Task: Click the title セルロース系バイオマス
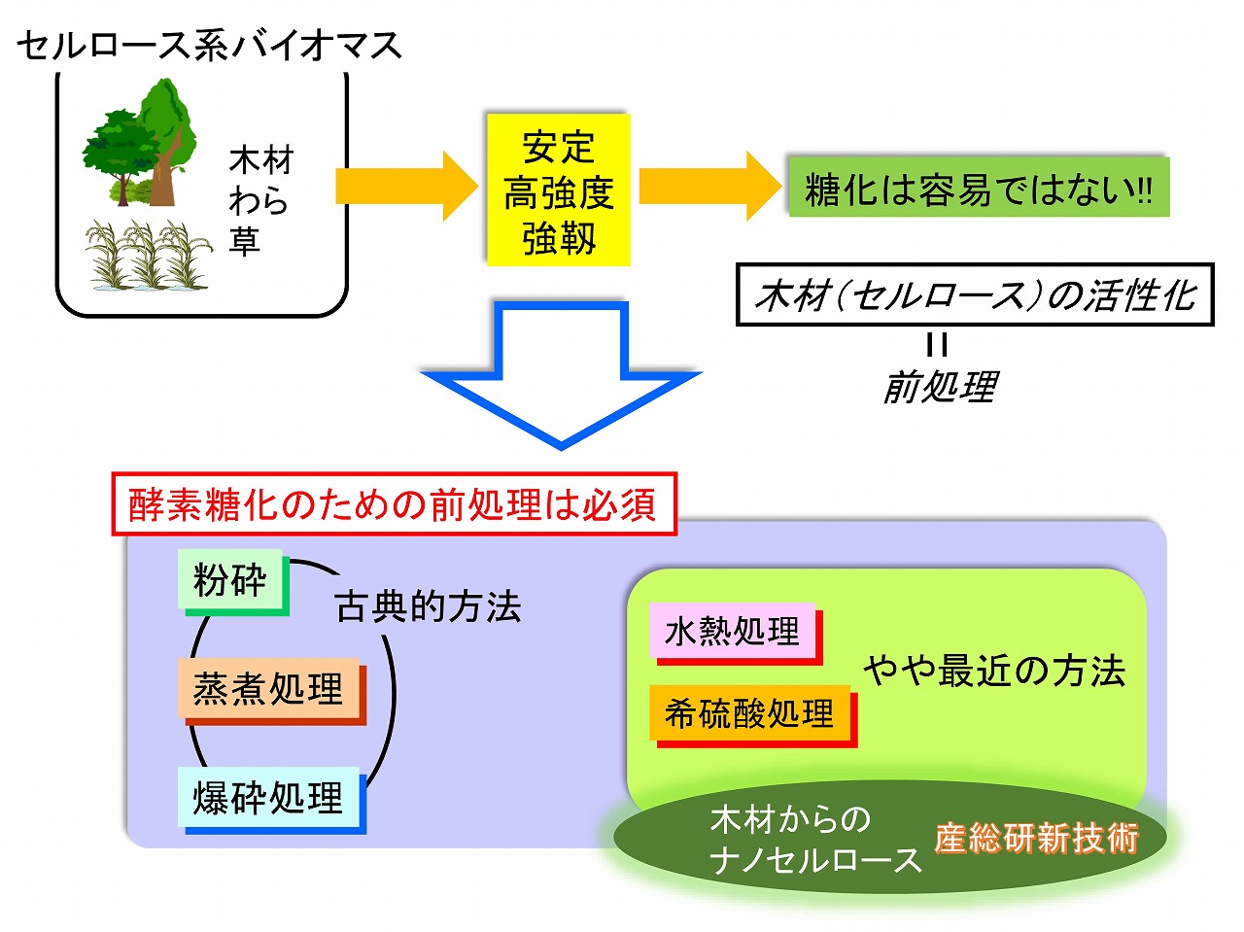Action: coord(208,45)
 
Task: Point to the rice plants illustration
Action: coord(148,255)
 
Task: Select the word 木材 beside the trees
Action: coord(260,159)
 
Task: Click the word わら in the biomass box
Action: coord(259,200)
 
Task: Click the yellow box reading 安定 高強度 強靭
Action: coord(558,190)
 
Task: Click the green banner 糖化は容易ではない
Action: coord(977,188)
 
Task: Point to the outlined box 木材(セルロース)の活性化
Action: coord(975,294)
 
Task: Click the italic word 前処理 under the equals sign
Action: coord(939,387)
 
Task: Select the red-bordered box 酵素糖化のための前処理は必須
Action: coord(394,504)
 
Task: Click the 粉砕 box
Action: coord(231,580)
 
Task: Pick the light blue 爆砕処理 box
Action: coord(268,797)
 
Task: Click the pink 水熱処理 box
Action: coord(732,632)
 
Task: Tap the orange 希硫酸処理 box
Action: coord(749,713)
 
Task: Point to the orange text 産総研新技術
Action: coord(1036,838)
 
